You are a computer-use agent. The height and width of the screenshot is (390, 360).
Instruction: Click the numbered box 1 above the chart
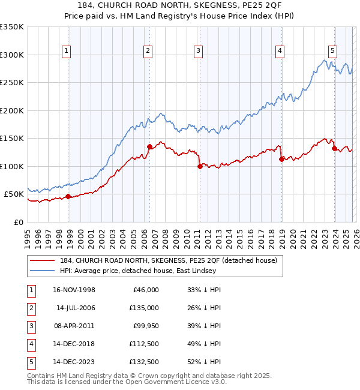point(65,52)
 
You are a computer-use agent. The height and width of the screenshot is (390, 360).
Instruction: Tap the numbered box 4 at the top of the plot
point(280,52)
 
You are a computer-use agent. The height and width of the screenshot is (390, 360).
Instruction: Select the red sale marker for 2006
point(149,146)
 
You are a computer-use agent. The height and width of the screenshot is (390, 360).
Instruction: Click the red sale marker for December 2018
point(281,159)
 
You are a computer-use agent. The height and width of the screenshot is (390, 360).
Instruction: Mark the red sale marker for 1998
point(68,196)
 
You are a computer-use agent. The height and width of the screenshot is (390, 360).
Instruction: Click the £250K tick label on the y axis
point(12,83)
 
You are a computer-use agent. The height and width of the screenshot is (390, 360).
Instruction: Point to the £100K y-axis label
point(12,166)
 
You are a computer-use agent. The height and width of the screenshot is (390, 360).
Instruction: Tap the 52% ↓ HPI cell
point(200,362)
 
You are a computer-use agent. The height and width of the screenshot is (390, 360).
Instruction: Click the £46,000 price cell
point(146,290)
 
